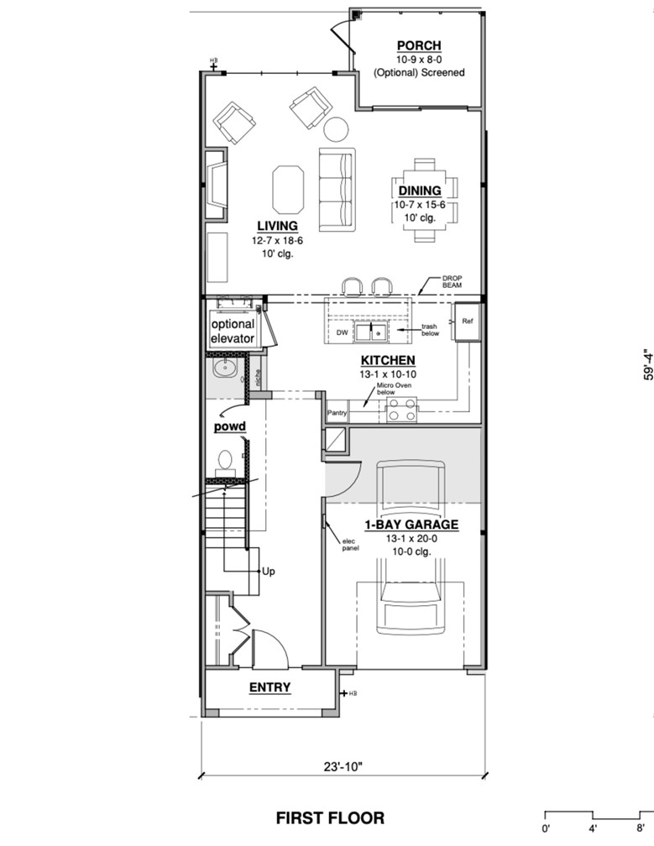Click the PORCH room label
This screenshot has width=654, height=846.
click(x=419, y=46)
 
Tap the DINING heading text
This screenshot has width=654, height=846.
click(x=420, y=191)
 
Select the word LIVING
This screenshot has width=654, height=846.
click(x=277, y=226)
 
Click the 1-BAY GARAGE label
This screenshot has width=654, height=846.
click(x=411, y=525)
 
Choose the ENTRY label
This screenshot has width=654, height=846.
click(x=269, y=687)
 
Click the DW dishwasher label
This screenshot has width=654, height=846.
click(x=342, y=333)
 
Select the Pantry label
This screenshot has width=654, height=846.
click(x=337, y=413)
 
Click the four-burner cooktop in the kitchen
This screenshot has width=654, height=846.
click(x=401, y=410)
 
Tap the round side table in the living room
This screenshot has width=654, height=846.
click(x=336, y=128)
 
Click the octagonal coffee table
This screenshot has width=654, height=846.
click(x=288, y=190)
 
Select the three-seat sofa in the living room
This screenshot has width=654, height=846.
click(x=337, y=189)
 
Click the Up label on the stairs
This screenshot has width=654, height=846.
click(x=269, y=572)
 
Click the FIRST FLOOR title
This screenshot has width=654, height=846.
click(x=330, y=817)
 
